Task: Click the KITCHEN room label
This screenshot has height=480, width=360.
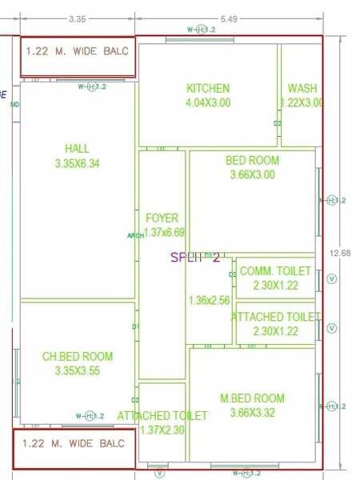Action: pyautogui.click(x=208, y=88)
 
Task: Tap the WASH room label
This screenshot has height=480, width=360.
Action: pyautogui.click(x=302, y=88)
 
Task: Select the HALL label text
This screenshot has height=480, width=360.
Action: pyautogui.click(x=78, y=149)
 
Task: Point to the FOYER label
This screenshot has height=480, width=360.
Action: pyautogui.click(x=162, y=218)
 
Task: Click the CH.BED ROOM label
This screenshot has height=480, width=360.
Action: pyautogui.click(x=78, y=356)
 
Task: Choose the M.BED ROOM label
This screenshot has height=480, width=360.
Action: pyautogui.click(x=252, y=398)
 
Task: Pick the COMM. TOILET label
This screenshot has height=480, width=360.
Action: pyautogui.click(x=270, y=271)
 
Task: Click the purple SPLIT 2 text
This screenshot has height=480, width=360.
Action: pyautogui.click(x=195, y=257)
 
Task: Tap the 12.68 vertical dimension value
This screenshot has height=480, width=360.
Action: pyautogui.click(x=339, y=254)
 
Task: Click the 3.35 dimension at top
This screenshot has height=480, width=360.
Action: pyautogui.click(x=77, y=18)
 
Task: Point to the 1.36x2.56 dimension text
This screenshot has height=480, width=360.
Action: pyautogui.click(x=209, y=301)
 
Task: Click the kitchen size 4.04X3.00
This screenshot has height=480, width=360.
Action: pyautogui.click(x=208, y=102)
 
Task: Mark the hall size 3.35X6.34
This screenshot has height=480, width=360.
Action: pyautogui.click(x=78, y=163)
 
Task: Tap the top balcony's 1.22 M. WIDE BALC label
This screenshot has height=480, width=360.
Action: pyautogui.click(x=71, y=51)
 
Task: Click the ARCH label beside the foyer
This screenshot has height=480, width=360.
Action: pyautogui.click(x=134, y=235)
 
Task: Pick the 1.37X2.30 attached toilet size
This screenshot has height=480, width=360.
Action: pyautogui.click(x=162, y=430)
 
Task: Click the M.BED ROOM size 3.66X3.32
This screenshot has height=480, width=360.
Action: pyautogui.click(x=252, y=413)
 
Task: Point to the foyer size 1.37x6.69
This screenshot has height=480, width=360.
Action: pyautogui.click(x=164, y=232)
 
